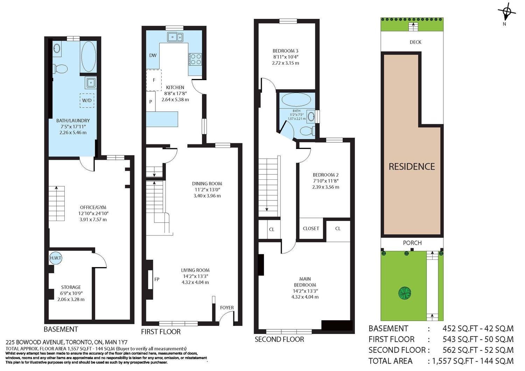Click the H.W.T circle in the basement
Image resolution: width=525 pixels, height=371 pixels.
coord(56,258)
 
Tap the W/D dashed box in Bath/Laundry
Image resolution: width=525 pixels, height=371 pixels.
coord(87,100)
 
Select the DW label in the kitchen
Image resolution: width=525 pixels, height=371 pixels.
coord(153,56)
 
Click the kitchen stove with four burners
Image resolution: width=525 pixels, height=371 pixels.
coord(196,59)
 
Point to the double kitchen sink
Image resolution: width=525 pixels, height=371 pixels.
coord(175,37)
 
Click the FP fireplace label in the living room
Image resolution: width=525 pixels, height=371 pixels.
coord(157,279)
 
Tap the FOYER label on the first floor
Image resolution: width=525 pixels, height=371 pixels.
coord(227,307)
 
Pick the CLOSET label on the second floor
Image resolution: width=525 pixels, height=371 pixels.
coord(311,228)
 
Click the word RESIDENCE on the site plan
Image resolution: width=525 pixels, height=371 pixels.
coord(412,166)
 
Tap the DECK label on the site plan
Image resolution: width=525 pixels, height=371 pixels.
coord(415,42)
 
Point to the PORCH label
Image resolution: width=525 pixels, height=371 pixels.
coord(412,243)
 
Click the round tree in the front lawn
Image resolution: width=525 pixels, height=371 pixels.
coord(405,293)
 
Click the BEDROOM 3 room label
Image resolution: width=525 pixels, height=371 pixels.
coord(286,51)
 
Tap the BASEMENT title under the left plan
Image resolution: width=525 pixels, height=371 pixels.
coord(61,329)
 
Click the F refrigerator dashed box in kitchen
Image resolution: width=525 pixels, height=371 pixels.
coord(154,80)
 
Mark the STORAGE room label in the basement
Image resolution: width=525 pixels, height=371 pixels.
coord(71,287)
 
